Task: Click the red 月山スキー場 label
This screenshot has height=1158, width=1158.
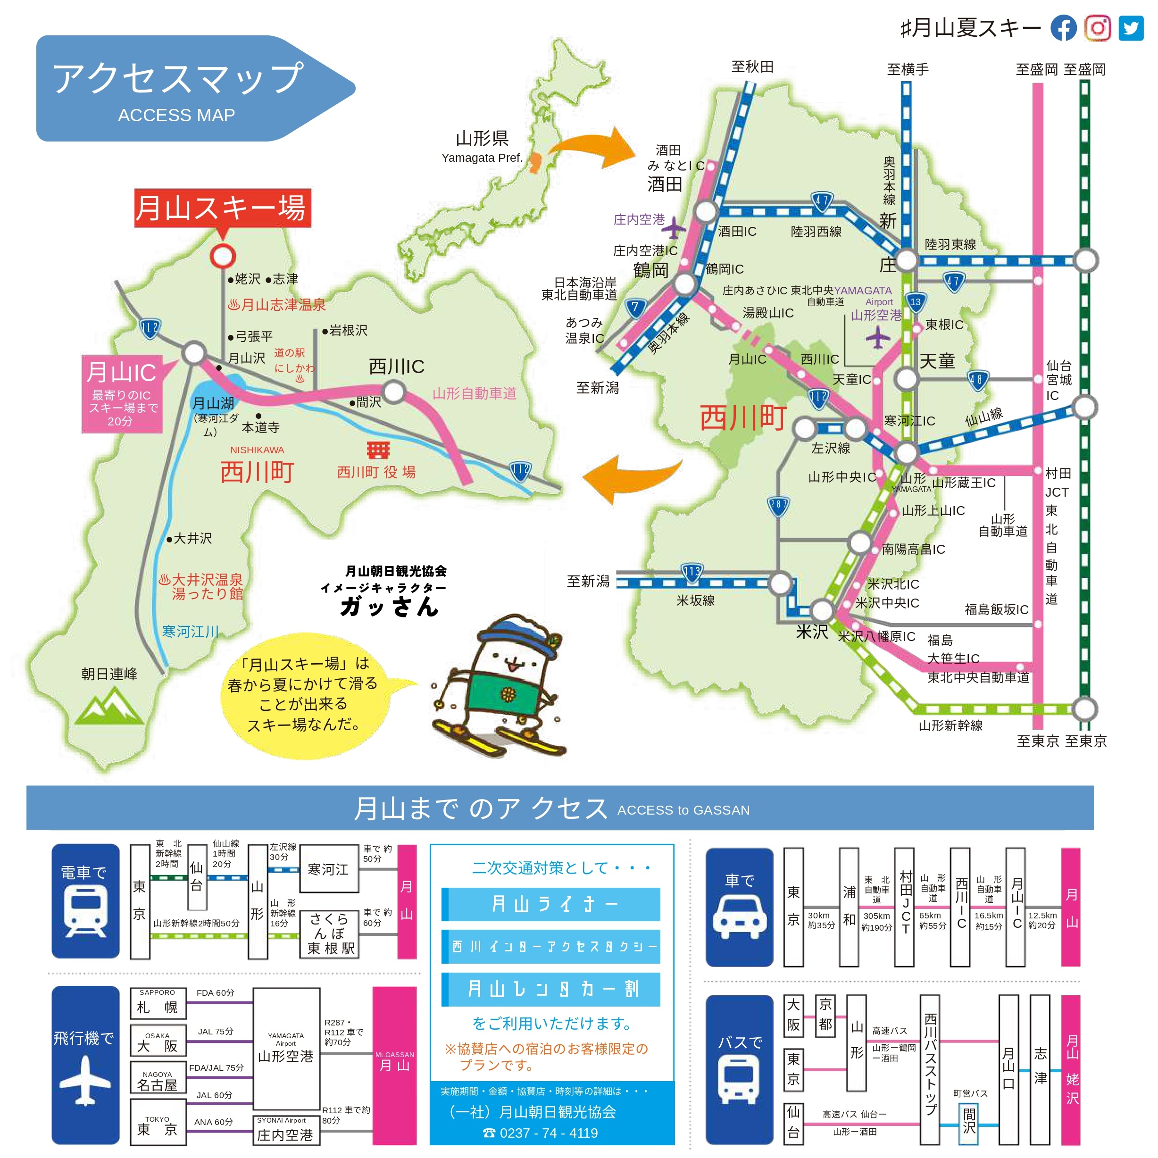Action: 222,208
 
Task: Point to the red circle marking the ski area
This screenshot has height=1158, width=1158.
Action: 222,256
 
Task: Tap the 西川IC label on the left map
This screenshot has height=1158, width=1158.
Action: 396,366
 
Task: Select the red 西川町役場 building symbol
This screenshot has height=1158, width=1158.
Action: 378,450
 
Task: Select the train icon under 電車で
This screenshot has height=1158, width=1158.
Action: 85,911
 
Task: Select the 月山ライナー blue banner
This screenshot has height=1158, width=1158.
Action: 551,904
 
